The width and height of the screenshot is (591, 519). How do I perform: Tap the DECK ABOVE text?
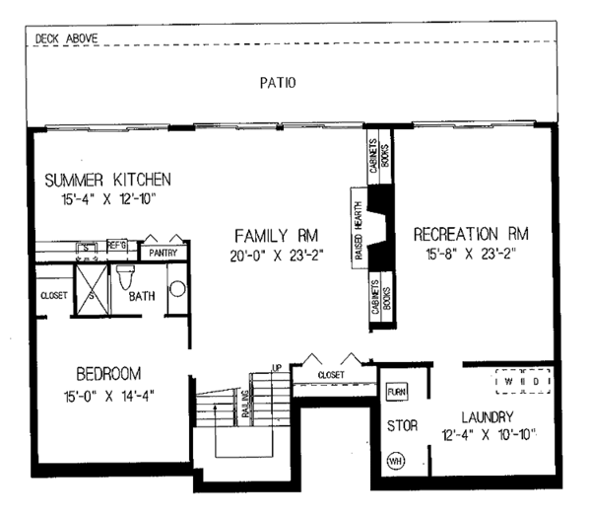point(65,40)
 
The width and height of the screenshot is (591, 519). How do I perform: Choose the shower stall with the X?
point(91,288)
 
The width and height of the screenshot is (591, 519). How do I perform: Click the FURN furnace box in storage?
point(397,391)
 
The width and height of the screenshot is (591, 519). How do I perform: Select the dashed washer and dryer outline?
point(521,380)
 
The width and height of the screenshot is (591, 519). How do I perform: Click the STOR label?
point(402,426)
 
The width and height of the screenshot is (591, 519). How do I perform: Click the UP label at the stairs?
point(277,368)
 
